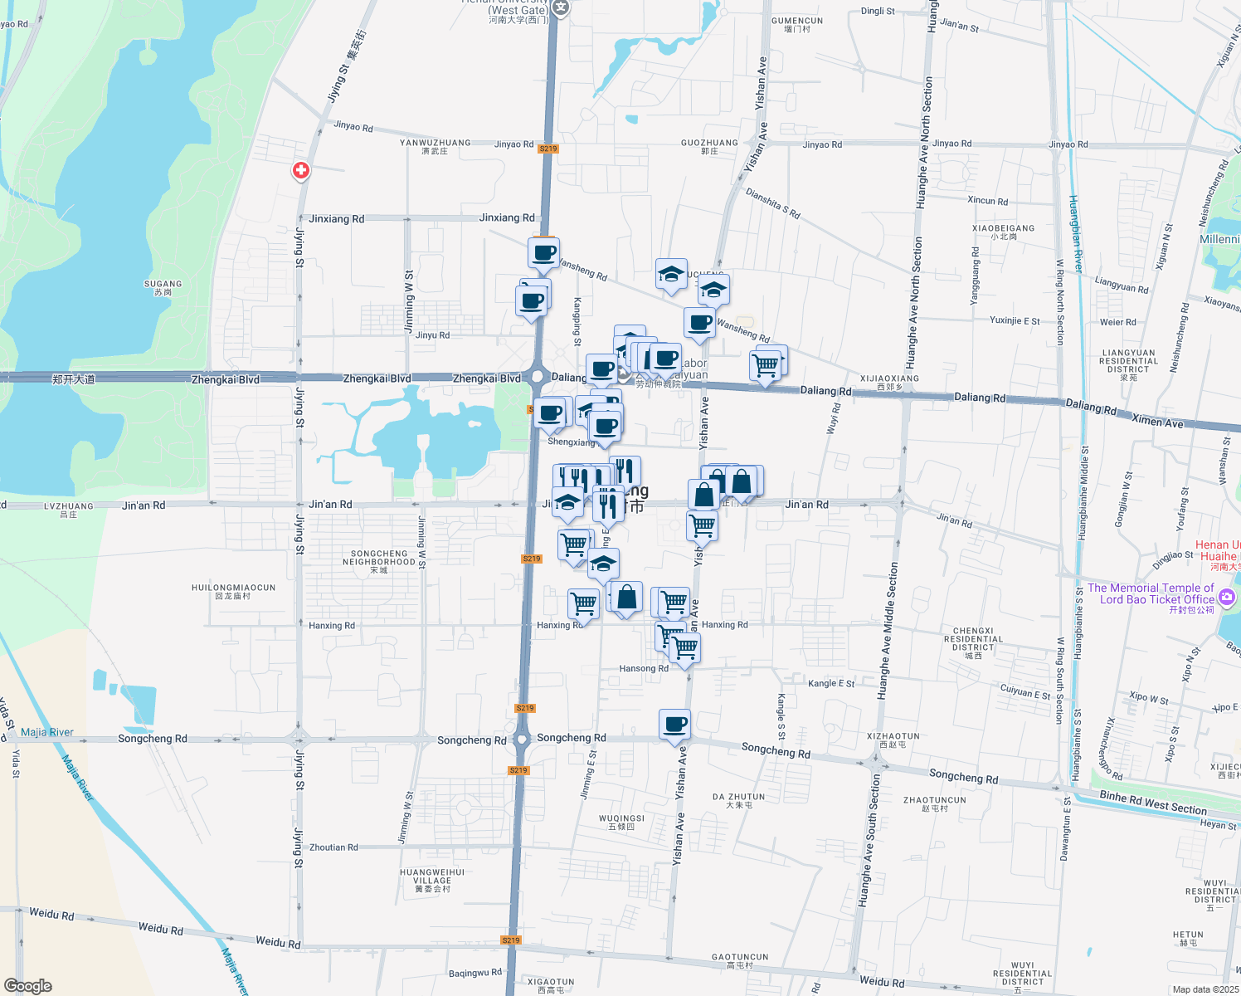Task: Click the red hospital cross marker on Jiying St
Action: pos(301,171)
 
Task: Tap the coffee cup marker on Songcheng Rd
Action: pos(675,725)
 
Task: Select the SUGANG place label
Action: pos(163,287)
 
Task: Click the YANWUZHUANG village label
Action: pos(435,146)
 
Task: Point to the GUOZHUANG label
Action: pos(709,146)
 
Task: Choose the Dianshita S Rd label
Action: pos(772,203)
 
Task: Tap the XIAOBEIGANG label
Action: pos(1003,232)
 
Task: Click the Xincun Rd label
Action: pos(987,201)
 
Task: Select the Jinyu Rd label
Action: pos(432,335)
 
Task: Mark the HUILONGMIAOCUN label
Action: pos(233,591)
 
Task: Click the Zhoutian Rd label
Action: pos(333,847)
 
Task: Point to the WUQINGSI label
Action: pos(621,822)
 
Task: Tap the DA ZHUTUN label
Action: pos(738,800)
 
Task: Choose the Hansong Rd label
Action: pos(644,668)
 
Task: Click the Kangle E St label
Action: pos(831,683)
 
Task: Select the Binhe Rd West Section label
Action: pos(1153,802)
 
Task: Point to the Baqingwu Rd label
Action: pos(474,973)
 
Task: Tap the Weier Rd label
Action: pos(1117,322)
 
